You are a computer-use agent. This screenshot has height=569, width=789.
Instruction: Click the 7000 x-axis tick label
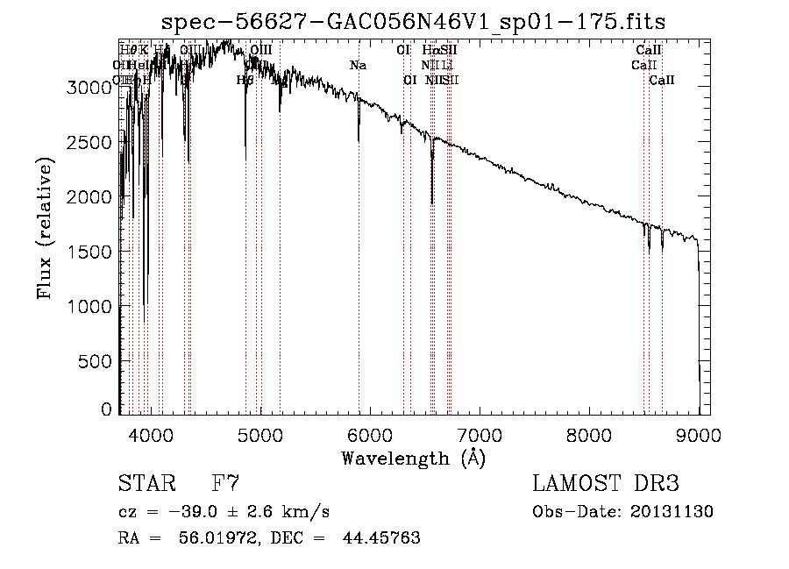[480, 433]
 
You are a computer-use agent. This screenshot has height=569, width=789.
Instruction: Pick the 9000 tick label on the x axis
[699, 433]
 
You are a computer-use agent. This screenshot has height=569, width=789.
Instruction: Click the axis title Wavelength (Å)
[413, 458]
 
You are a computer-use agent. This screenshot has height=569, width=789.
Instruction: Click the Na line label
[358, 66]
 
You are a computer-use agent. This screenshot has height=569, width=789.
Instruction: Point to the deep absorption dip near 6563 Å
[432, 197]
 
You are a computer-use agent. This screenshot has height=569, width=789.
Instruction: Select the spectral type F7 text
[225, 484]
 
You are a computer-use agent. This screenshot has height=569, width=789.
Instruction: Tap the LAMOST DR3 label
[606, 484]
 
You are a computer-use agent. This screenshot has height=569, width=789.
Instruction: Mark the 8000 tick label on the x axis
[589, 433]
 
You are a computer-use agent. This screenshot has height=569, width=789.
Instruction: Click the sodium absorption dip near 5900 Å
[359, 136]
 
